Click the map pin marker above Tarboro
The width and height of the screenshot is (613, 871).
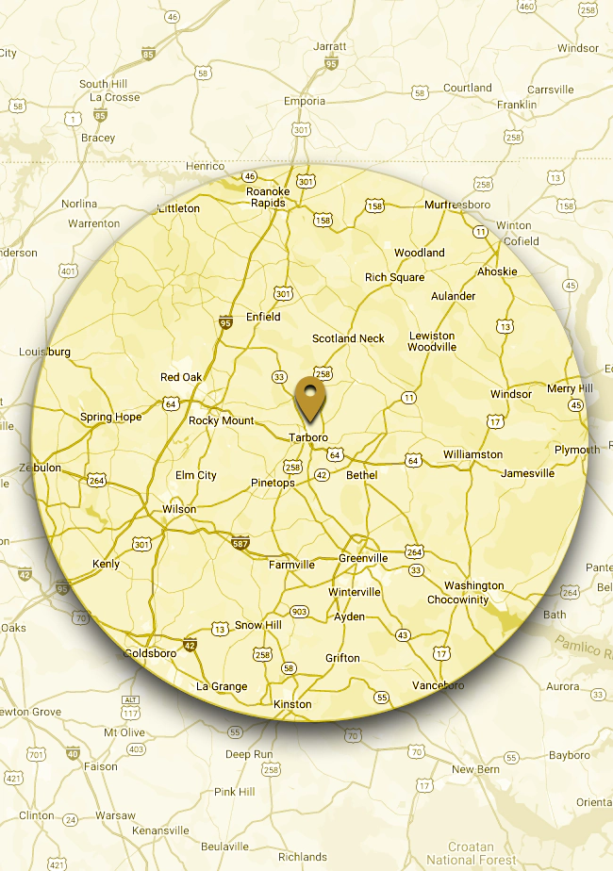[x=308, y=397]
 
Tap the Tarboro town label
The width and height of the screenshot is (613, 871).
[x=308, y=437]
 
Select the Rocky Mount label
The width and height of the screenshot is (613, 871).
[x=222, y=420]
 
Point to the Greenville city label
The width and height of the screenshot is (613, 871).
[x=363, y=558]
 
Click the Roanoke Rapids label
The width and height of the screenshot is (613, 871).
[x=268, y=197]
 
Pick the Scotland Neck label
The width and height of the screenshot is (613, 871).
[x=349, y=338]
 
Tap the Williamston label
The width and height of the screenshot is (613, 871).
[x=472, y=454]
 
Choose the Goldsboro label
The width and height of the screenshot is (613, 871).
[x=151, y=652]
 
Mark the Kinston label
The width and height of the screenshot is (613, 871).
[x=291, y=704]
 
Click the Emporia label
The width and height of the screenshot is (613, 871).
[x=305, y=101]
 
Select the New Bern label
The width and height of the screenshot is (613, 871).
[x=475, y=770]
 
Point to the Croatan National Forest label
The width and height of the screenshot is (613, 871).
[x=472, y=853]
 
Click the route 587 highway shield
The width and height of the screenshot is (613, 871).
[x=240, y=543]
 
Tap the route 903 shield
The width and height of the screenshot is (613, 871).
[x=300, y=612]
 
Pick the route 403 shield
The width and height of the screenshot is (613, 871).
[x=136, y=749]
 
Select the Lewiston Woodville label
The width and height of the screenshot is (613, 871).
[x=432, y=341]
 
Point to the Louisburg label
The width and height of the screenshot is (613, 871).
[x=44, y=352]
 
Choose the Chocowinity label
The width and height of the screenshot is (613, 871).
[x=457, y=600]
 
